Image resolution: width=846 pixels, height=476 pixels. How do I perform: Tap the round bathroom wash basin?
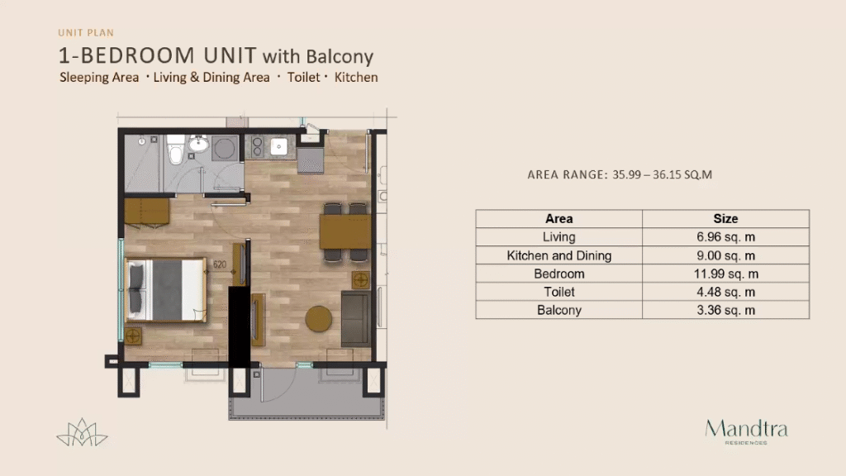point(198,144)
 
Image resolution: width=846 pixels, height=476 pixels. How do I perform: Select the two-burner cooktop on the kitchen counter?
point(257,146)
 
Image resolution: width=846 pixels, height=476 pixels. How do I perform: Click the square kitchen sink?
point(279,146)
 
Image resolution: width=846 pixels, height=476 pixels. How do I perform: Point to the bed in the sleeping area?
point(165,290)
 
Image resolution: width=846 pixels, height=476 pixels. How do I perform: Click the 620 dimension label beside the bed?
point(220,264)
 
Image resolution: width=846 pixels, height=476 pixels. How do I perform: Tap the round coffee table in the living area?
point(318,319)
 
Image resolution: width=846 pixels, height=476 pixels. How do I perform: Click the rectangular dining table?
point(345,231)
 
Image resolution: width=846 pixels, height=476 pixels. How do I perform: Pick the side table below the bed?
point(133,336)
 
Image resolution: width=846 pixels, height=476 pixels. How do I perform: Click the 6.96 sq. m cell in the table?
point(725,237)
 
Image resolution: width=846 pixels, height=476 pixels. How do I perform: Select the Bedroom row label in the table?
point(559,274)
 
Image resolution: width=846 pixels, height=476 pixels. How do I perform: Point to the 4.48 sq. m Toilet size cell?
point(725,292)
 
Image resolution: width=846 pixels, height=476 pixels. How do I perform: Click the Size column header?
point(725,218)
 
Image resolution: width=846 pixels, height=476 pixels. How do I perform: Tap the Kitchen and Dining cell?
point(559,255)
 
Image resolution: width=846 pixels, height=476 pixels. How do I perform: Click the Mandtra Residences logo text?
point(746,431)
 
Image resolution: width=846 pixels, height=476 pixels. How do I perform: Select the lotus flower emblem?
point(82,432)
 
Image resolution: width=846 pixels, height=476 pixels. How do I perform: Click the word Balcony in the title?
point(340,57)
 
